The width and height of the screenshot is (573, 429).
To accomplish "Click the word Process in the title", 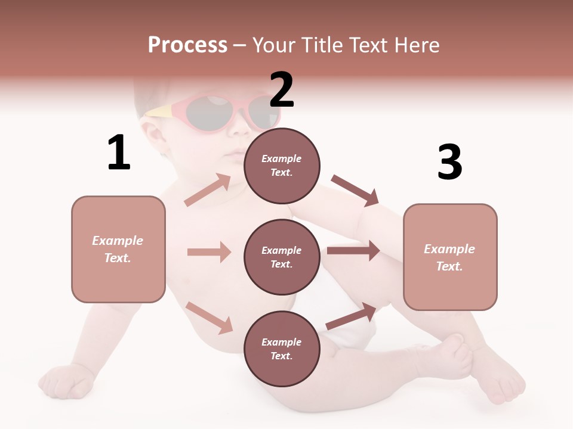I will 187,45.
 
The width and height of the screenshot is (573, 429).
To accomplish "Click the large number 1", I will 118,153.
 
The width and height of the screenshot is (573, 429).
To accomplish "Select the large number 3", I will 449,162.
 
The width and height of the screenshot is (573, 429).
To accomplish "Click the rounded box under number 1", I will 118,249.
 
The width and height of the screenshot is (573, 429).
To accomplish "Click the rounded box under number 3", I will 450,257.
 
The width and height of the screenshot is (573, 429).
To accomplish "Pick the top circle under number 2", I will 282,166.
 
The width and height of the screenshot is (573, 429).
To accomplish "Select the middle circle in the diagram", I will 282,257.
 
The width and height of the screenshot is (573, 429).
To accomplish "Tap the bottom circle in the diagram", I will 282,349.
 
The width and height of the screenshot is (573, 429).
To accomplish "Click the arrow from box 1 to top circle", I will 207,191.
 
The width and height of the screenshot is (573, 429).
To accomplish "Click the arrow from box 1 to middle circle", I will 209,252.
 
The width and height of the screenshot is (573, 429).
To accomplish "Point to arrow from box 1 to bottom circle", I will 209,318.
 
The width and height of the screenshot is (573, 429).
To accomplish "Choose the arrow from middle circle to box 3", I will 353,251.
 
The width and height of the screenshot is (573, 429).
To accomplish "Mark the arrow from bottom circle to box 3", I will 351,316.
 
